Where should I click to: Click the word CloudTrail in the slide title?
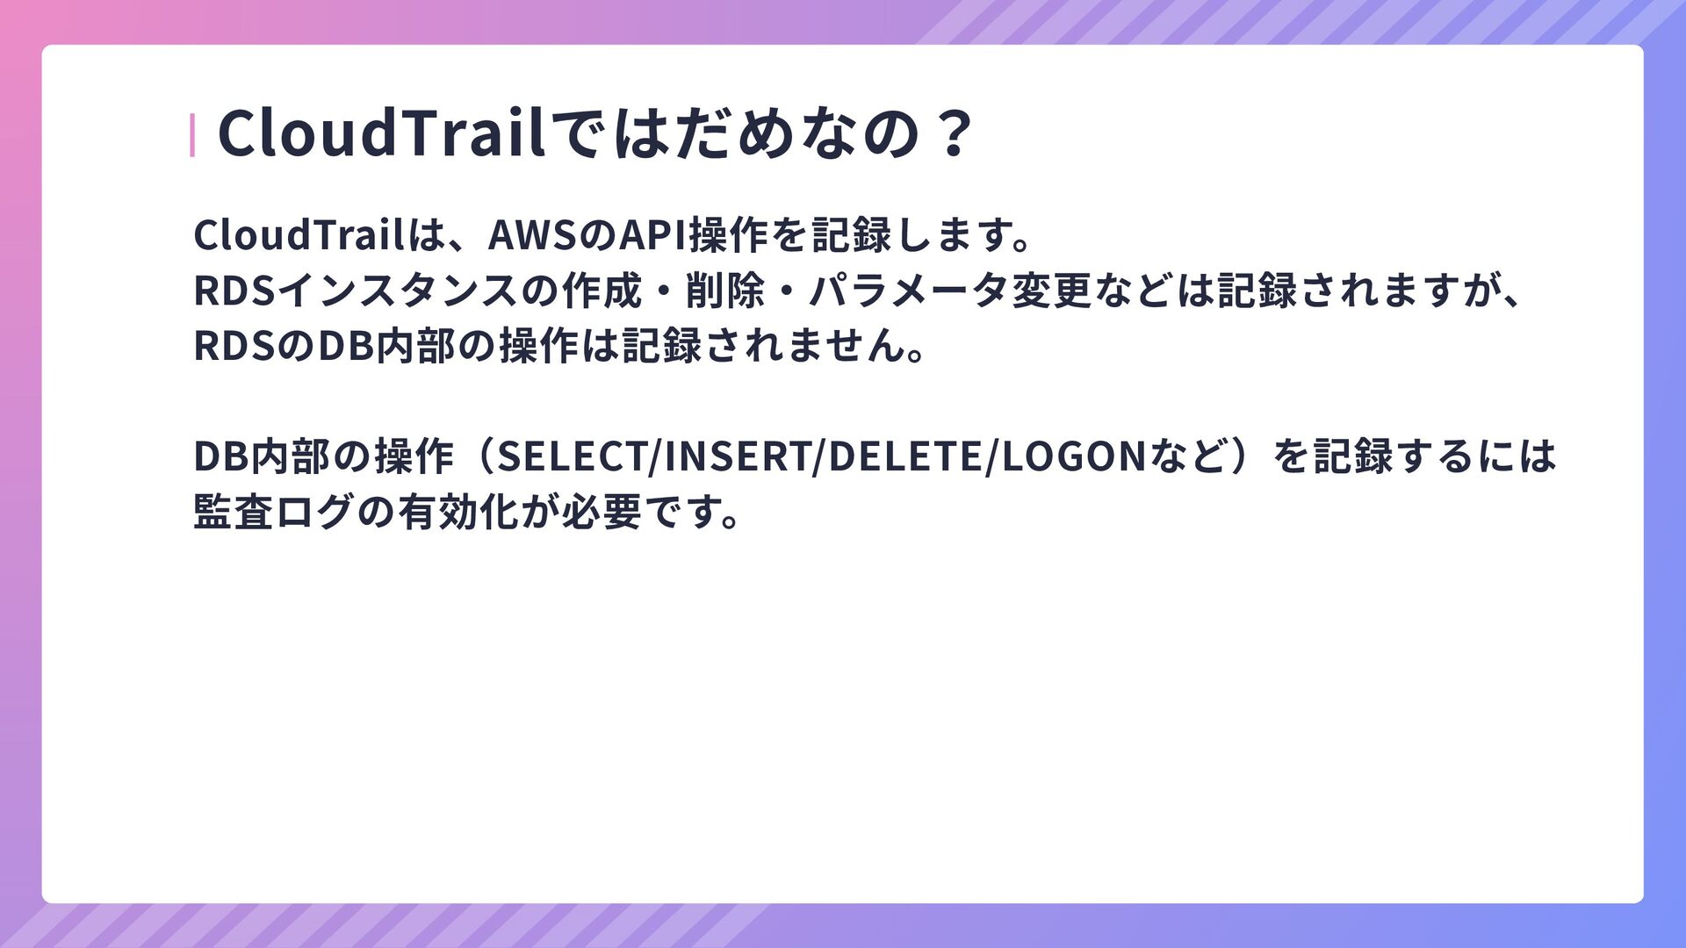(x=382, y=133)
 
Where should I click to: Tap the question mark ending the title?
(x=954, y=134)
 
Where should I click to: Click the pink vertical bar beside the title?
(x=192, y=135)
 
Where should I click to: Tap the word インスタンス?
(x=400, y=291)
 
